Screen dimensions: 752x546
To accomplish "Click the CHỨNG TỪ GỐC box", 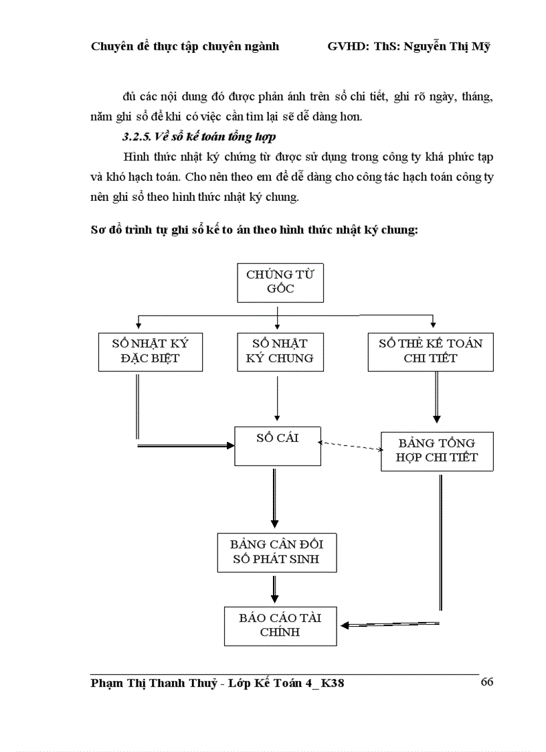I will pyautogui.click(x=280, y=281).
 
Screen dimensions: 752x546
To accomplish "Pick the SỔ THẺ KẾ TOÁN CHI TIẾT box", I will pyautogui.click(x=430, y=351).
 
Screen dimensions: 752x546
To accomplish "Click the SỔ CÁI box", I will pyautogui.click(x=277, y=445).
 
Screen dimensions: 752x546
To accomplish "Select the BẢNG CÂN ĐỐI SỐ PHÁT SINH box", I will pyautogui.click(x=276, y=552).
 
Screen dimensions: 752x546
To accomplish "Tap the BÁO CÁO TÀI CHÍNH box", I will pyautogui.click(x=280, y=625).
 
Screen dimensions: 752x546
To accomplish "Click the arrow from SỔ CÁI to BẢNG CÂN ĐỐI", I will pyautogui.click(x=274, y=499).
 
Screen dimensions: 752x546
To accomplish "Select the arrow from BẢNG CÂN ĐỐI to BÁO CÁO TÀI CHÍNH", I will pyautogui.click(x=274, y=588).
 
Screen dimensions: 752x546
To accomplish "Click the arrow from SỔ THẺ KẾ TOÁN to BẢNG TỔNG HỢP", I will pyautogui.click(x=437, y=398).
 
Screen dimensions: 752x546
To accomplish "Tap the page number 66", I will pyautogui.click(x=486, y=682).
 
